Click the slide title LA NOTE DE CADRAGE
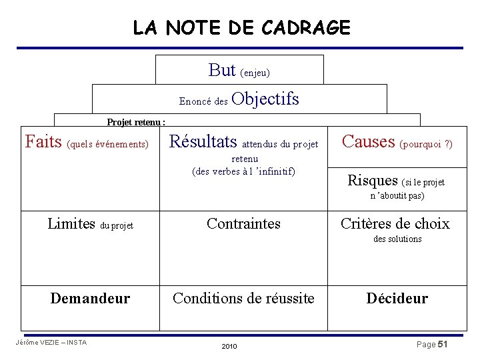click(x=241, y=27)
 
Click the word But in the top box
click(x=222, y=69)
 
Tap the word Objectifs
click(x=267, y=99)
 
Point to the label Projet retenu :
click(x=137, y=122)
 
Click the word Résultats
click(x=203, y=141)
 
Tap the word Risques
click(x=373, y=180)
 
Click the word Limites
click(x=71, y=223)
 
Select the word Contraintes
click(x=243, y=223)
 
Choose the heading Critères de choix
click(x=395, y=223)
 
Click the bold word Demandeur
click(x=90, y=298)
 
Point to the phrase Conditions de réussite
click(x=243, y=298)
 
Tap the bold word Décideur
click(x=397, y=298)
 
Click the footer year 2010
click(x=229, y=347)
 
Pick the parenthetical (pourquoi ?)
click(x=426, y=143)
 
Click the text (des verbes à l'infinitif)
click(x=243, y=171)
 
